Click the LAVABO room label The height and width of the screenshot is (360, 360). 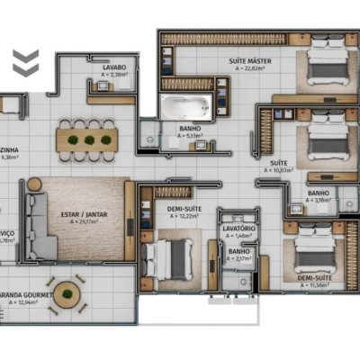pos(113,67)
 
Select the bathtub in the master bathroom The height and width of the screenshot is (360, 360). pos(184,109)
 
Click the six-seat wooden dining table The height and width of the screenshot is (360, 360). pos(87,139)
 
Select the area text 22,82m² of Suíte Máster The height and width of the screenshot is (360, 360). pos(254,68)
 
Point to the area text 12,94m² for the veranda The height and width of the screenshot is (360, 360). pos(24,302)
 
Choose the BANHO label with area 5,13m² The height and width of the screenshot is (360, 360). pos(189,129)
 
